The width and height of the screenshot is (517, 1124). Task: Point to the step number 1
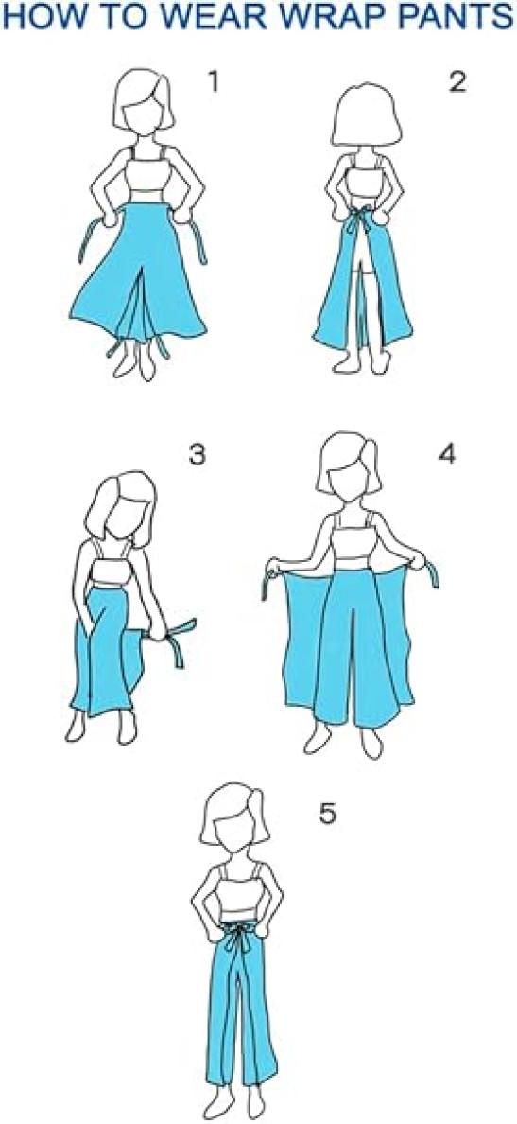click(x=213, y=82)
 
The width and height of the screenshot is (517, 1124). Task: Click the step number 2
click(x=457, y=82)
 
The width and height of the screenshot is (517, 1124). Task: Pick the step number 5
click(x=328, y=815)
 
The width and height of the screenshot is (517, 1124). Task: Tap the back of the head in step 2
click(x=369, y=114)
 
